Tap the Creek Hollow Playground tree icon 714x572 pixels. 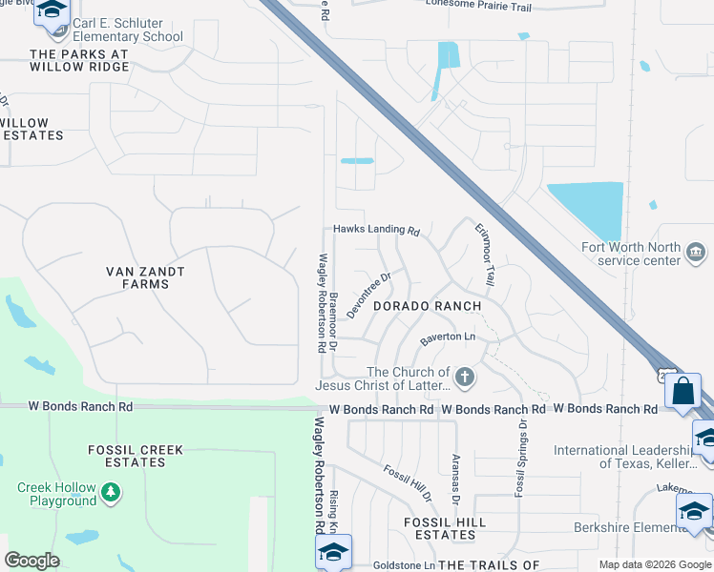tap(112, 492)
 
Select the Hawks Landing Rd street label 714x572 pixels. tap(376, 231)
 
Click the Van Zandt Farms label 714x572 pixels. tap(145, 278)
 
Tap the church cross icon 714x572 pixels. tap(465, 378)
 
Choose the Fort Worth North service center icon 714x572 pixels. tap(696, 253)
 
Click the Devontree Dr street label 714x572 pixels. tap(369, 296)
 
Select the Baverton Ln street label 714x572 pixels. tap(447, 337)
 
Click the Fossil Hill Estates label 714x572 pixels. tap(445, 528)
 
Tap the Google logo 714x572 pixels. tap(31, 561)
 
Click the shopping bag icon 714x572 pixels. tap(682, 391)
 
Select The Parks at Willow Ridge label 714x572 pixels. tap(79, 60)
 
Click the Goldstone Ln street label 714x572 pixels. tap(402, 565)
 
